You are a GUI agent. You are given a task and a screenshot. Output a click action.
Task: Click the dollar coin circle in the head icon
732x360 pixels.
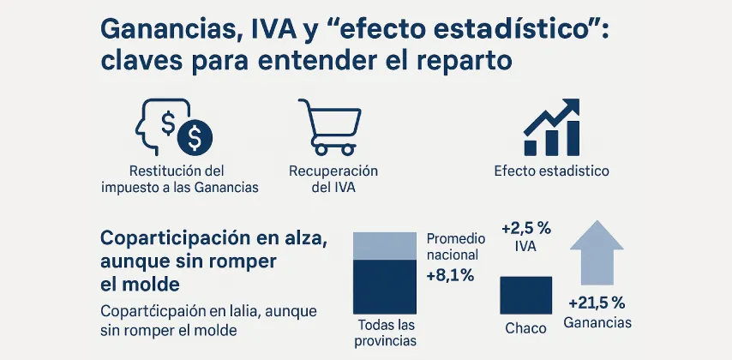[x=195, y=135]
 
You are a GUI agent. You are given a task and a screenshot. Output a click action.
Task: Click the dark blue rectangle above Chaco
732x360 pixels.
[x=525, y=294]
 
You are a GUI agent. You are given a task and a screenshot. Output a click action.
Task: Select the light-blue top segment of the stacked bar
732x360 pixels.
[x=385, y=245]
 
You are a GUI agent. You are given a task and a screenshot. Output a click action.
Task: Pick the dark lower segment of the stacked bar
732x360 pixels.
[x=385, y=288]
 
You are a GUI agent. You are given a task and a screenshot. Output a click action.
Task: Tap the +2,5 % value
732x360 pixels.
[x=526, y=228]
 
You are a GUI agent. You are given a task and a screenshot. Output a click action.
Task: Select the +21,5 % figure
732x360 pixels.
[x=597, y=303]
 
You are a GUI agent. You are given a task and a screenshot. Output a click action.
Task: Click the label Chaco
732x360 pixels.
[x=525, y=328]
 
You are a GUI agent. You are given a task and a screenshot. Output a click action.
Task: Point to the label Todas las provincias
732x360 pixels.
[x=385, y=333]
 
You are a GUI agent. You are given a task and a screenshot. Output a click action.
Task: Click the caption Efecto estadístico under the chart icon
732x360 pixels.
[x=551, y=171]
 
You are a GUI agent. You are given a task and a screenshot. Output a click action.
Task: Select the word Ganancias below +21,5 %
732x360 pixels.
[x=597, y=322]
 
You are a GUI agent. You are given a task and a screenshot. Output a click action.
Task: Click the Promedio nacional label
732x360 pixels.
[x=455, y=246]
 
